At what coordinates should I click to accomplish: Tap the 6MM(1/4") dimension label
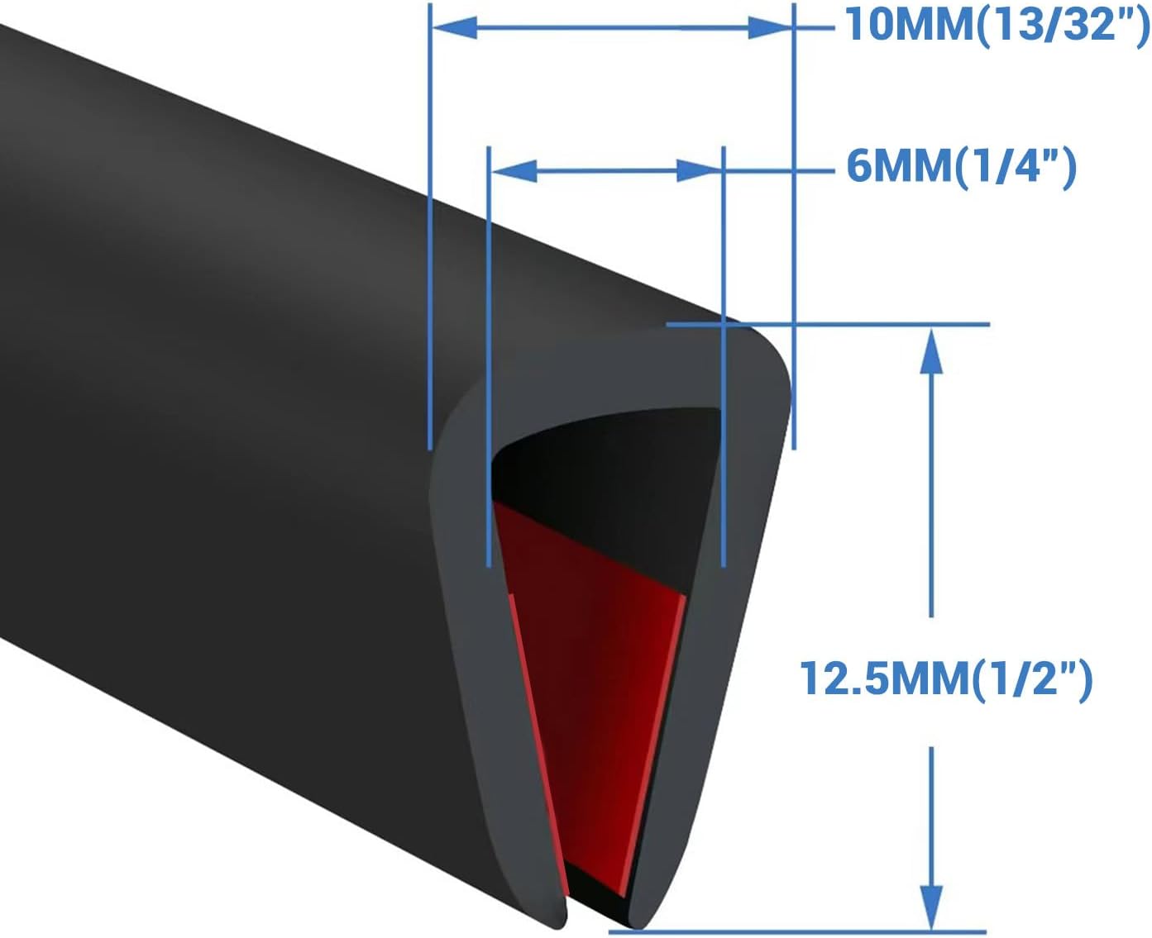(961, 168)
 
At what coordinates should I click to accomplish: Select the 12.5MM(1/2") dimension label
(946, 679)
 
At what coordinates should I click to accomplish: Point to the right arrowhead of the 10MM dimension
(769, 28)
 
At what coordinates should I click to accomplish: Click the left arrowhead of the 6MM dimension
(514, 171)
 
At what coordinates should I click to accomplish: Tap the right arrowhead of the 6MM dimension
(700, 171)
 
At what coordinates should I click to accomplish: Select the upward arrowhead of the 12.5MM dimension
(931, 351)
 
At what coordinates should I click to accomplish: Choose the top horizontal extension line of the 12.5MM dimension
(827, 324)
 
